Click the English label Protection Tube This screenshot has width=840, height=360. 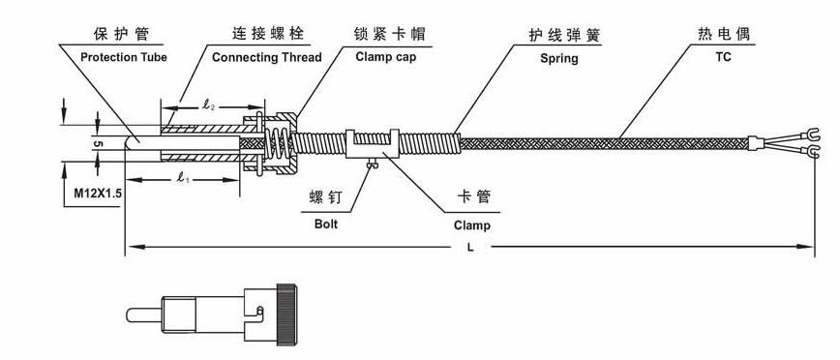(x=123, y=57)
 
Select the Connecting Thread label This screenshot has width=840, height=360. (x=266, y=57)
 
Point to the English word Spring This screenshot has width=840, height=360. (x=559, y=58)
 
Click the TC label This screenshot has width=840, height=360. (x=723, y=57)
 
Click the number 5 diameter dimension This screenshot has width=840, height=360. (x=98, y=142)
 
